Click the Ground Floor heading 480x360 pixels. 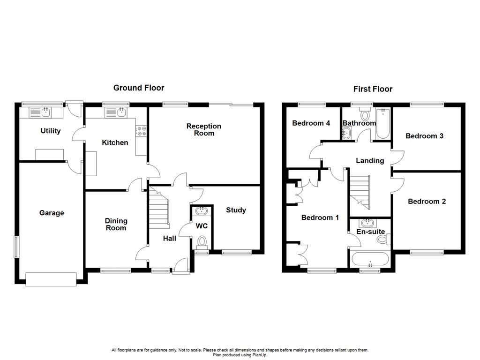pos(139,88)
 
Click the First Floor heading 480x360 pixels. pos(373,89)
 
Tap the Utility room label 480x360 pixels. pos(50,131)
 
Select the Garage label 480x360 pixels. pos(52,213)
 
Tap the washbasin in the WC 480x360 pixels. pos(202,210)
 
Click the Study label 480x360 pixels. pos(236,210)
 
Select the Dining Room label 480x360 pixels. pos(116,224)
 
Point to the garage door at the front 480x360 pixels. pos(51,279)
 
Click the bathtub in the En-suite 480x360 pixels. pos(369,259)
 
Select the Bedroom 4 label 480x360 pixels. pos(311,123)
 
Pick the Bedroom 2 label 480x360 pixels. pos(427,201)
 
